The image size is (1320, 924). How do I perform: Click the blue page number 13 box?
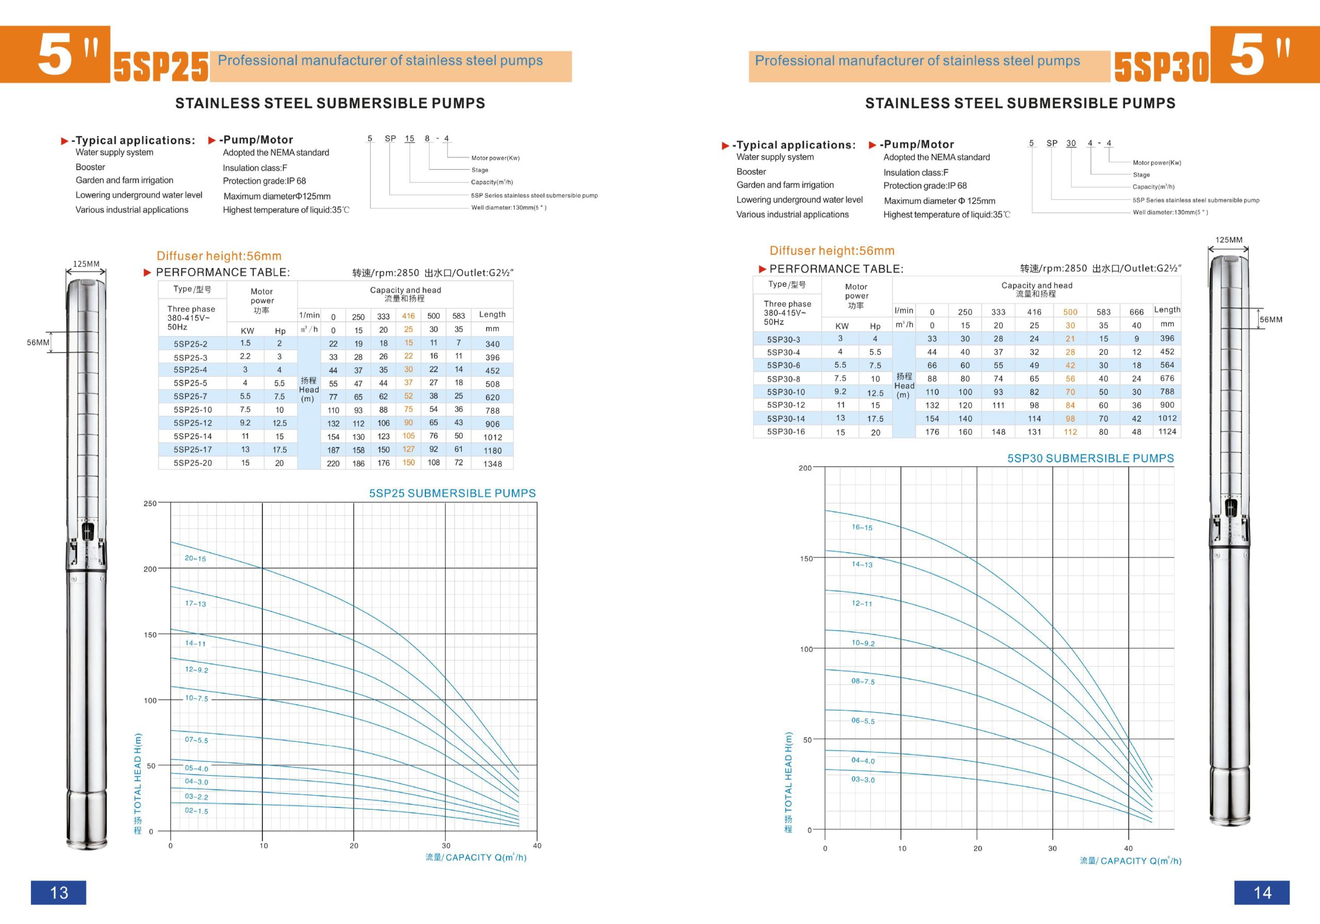[59, 893]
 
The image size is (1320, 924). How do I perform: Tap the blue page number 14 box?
[1262, 893]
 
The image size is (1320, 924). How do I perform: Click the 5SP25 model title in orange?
[161, 67]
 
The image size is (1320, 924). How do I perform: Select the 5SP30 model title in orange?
[1161, 67]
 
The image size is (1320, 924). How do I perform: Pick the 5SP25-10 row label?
[193, 410]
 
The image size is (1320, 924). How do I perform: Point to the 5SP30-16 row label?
[786, 432]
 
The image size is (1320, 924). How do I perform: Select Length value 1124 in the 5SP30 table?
[1167, 431]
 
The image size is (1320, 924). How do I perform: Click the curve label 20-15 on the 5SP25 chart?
[195, 558]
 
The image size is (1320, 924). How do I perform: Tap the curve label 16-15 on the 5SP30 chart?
[862, 527]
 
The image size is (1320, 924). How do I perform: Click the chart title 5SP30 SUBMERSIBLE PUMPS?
[1091, 458]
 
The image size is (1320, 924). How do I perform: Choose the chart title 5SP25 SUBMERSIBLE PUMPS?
[452, 493]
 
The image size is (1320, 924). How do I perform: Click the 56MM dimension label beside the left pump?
[38, 343]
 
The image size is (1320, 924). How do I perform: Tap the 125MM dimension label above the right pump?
[1229, 240]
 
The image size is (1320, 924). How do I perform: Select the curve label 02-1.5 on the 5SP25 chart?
[196, 811]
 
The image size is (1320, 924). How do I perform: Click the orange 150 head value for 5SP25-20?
[408, 463]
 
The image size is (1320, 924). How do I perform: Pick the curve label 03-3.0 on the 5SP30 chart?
[863, 780]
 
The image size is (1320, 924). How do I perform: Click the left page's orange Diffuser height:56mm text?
[219, 256]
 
